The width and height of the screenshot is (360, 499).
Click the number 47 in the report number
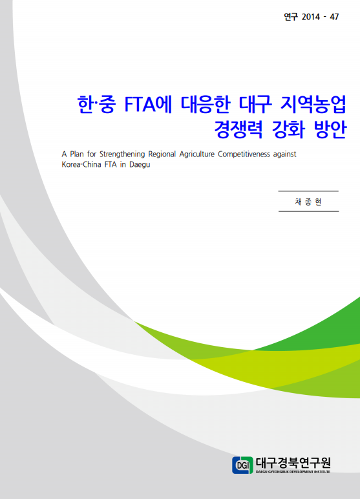click(334, 17)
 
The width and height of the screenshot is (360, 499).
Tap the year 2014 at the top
click(311, 17)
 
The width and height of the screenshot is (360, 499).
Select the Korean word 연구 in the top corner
click(291, 17)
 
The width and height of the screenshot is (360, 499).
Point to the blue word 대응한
click(206, 104)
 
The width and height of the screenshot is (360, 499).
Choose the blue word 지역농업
click(313, 104)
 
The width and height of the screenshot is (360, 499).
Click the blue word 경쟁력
click(238, 129)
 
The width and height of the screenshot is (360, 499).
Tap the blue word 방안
click(330, 129)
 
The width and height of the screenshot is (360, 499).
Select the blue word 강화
click(288, 129)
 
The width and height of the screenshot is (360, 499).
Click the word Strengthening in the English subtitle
click(122, 154)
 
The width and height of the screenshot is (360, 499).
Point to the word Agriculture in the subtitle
click(196, 154)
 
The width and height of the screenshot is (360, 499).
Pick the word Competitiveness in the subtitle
click(244, 154)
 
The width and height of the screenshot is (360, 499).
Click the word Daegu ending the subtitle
click(140, 165)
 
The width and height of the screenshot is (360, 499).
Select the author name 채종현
click(308, 202)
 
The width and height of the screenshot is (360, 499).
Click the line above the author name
click(308, 191)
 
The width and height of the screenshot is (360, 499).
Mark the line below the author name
click(308, 211)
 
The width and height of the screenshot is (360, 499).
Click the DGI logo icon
click(242, 465)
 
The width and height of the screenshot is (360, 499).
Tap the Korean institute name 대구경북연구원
click(293, 462)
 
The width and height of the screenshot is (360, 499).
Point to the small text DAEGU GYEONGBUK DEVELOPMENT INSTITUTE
click(293, 472)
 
